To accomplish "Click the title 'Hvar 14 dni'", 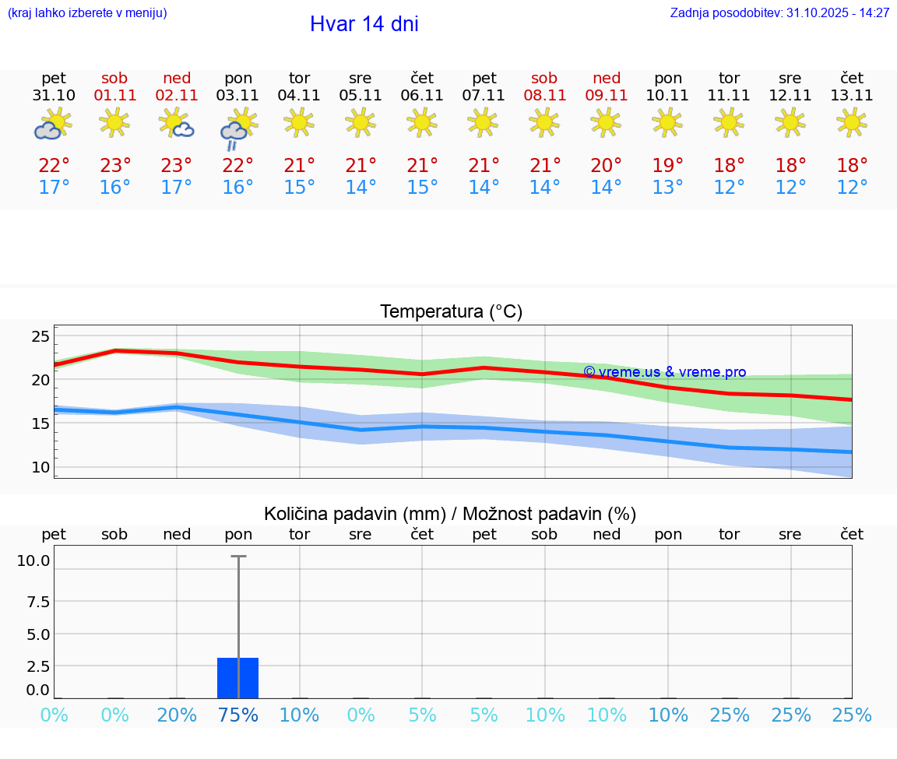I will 364,24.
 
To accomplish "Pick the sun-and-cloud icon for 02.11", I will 176,124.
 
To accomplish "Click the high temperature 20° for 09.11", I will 606,166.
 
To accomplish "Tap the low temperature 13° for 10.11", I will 667,188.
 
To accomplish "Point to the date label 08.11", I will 544,96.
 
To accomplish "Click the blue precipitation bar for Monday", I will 237,677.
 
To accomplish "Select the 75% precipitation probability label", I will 237,715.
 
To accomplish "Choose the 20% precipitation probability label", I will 176,715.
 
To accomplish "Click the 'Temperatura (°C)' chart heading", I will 451,312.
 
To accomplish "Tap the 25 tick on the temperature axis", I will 40,337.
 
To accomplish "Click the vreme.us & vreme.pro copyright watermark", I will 664,372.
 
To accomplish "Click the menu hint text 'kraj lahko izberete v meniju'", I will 87,13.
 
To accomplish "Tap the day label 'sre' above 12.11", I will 790,78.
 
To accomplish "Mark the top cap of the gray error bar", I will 237,556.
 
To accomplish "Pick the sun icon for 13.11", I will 851,122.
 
